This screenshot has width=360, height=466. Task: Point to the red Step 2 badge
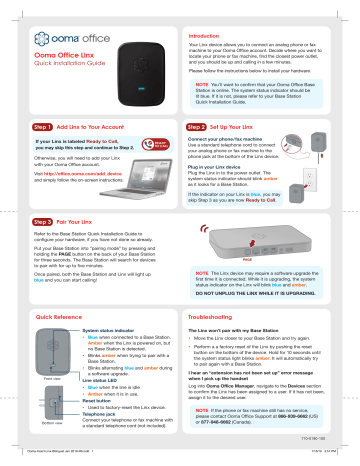(208, 129)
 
